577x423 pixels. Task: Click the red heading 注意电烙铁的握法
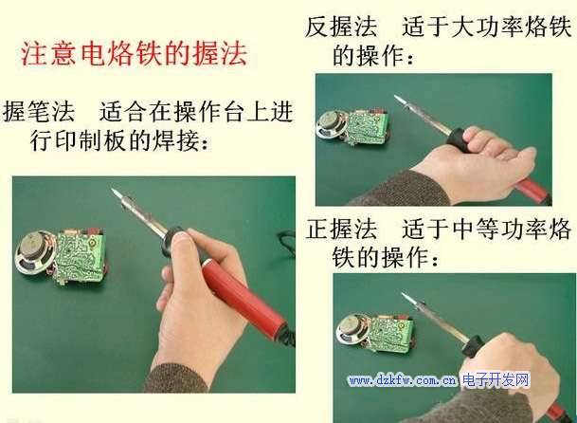click(x=134, y=54)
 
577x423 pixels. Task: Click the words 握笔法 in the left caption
click(x=39, y=112)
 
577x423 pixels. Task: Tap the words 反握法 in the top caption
click(x=341, y=27)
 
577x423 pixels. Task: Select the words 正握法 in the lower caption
click(x=341, y=230)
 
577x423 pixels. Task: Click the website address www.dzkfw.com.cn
click(x=403, y=380)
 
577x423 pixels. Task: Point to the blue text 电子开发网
click(x=496, y=379)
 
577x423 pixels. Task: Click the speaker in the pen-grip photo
click(x=36, y=253)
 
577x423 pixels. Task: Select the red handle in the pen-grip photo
click(x=244, y=298)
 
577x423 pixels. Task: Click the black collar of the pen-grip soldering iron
click(x=171, y=241)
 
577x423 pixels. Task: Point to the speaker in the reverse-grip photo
click(x=331, y=124)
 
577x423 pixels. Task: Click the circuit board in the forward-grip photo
click(x=391, y=332)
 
